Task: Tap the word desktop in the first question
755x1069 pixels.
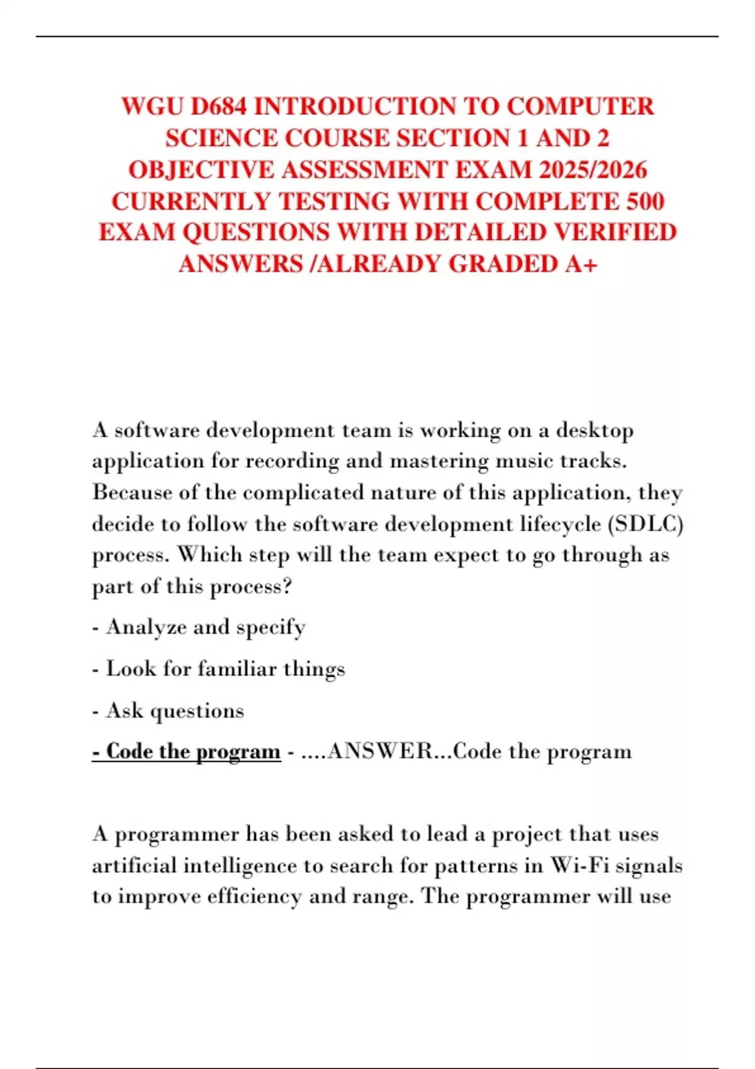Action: point(595,431)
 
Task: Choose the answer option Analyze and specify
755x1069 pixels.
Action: point(206,627)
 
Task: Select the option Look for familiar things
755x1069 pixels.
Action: point(225,668)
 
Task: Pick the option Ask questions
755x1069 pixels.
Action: point(175,711)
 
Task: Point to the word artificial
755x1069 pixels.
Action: point(134,866)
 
